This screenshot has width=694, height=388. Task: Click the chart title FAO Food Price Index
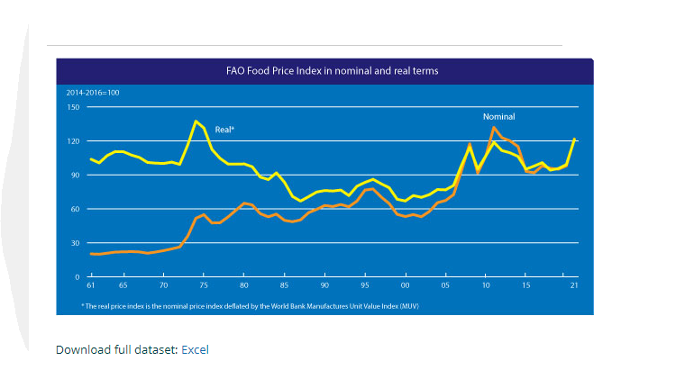tap(324, 69)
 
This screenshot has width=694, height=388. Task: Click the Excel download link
tap(195, 349)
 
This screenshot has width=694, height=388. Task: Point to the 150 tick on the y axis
tap(73, 107)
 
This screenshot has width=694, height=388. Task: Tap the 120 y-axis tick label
tap(73, 141)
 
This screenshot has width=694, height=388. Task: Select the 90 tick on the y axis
tap(75, 175)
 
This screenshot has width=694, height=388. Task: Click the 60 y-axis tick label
tap(75, 209)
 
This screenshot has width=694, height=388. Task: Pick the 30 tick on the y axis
tap(75, 243)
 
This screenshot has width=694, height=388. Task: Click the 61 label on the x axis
tap(91, 285)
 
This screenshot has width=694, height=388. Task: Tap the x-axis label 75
tap(204, 285)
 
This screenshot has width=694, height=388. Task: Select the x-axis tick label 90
tap(324, 285)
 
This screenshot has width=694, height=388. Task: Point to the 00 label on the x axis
tap(406, 285)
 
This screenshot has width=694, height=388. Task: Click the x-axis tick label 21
tap(573, 285)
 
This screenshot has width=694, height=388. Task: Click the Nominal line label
tap(498, 117)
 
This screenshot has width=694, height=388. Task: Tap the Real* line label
tap(224, 131)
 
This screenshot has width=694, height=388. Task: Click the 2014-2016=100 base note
tap(92, 93)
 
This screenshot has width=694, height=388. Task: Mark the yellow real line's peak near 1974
tap(196, 121)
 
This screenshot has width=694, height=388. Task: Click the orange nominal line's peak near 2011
tap(493, 128)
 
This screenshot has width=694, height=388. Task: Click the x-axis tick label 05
tap(445, 285)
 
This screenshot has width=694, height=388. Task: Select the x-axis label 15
tap(525, 285)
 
